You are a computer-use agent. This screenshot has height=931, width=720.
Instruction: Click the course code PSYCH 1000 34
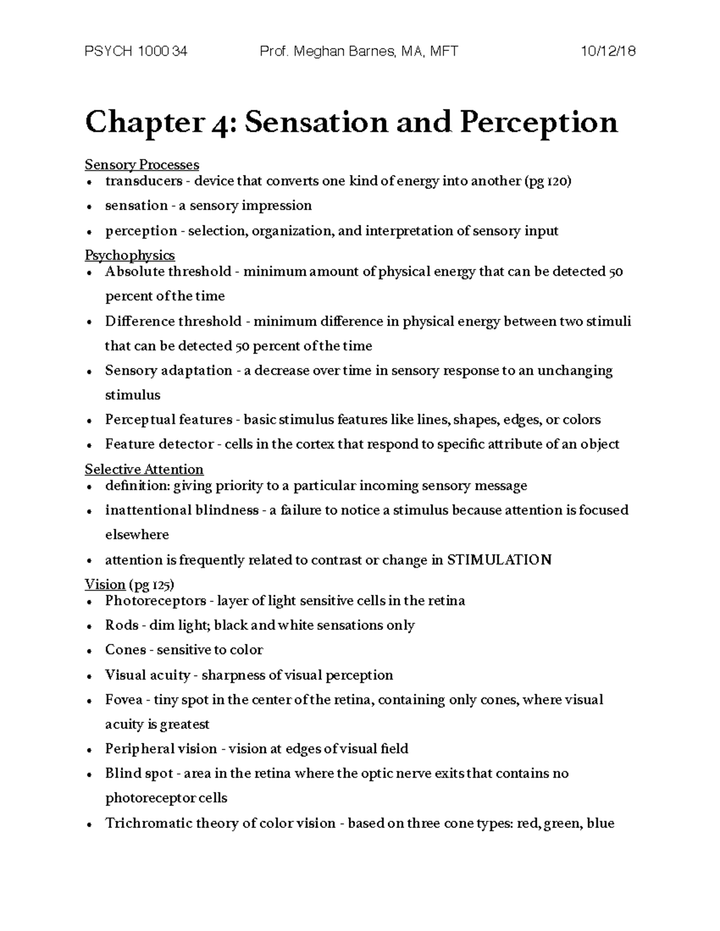coord(136,52)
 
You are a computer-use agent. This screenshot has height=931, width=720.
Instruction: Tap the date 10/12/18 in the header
coord(608,52)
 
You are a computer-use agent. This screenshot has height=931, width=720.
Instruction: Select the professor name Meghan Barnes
coord(343,52)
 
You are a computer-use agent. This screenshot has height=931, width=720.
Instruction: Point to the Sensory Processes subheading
coord(142,164)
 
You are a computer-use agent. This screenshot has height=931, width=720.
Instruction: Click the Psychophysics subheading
coord(130,255)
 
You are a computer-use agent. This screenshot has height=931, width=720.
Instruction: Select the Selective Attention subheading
coord(144,469)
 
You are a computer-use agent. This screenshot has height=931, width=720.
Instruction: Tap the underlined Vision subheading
coord(105,584)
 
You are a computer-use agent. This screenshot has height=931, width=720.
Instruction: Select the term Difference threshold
coord(173,321)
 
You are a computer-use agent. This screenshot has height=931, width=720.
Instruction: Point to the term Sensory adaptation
coord(168,370)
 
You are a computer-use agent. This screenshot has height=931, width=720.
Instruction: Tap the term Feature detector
coord(159,444)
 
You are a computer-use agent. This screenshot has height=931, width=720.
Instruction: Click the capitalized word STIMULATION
coord(499,560)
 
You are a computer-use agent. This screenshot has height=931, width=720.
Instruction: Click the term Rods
coord(122,625)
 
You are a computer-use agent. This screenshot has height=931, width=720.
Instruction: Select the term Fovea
coord(124,700)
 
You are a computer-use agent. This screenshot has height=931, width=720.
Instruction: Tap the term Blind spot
coord(139,773)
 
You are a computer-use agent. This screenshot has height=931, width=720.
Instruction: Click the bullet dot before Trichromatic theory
coord(89,824)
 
